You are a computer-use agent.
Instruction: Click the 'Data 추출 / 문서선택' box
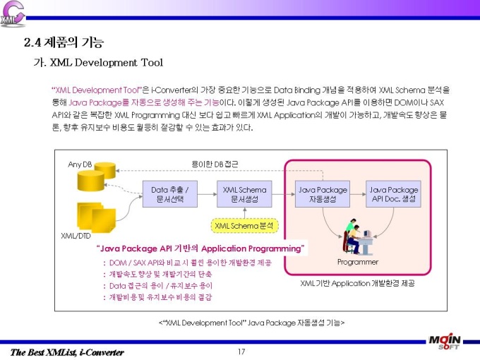pos(170,194)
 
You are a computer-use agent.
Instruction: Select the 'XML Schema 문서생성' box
pos(244,194)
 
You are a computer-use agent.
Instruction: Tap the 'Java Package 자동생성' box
pos(323,194)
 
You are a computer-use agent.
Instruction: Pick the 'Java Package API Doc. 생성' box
pos(393,194)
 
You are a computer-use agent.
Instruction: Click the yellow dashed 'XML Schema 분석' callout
pos(245,226)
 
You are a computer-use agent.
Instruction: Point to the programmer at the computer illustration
pos(358,236)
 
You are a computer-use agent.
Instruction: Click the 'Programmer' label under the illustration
pos(358,262)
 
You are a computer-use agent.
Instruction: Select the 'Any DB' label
pos(80,164)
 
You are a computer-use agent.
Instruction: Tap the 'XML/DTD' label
pos(76,236)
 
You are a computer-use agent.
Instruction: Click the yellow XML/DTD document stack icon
pos(97,217)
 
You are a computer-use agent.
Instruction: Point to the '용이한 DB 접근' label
pos(215,164)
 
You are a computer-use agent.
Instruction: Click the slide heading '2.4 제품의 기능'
pos(64,42)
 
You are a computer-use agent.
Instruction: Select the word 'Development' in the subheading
pos(106,62)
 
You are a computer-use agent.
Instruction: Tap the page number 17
pos(241,352)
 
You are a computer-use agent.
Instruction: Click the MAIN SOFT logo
pos(445,342)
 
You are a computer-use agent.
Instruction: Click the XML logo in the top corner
pos(13,14)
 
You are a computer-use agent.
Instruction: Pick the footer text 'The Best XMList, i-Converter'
pos(67,352)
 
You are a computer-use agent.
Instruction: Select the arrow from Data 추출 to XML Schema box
pos(208,194)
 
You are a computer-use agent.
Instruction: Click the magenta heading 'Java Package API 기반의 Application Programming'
pos(200,248)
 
